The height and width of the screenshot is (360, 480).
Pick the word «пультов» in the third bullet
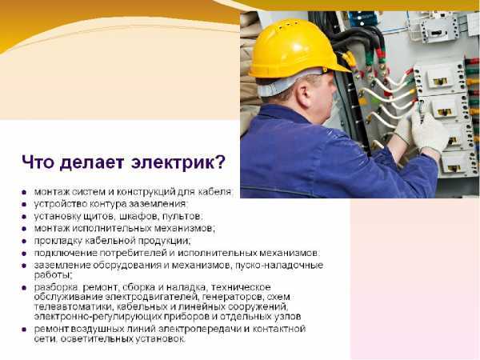pyautogui.click(x=183, y=216)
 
